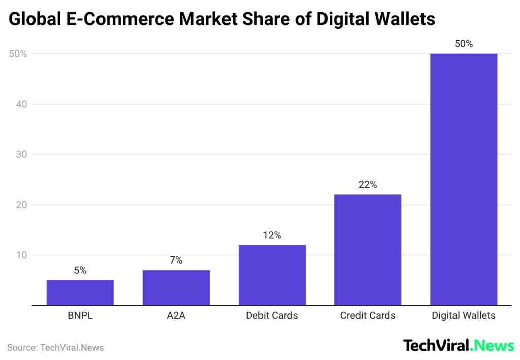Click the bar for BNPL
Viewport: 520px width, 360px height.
pos(80,292)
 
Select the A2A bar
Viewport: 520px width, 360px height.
pos(176,287)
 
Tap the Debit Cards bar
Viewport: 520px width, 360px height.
pos(272,275)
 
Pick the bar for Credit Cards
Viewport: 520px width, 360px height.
pos(368,250)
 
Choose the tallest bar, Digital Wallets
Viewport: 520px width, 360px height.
pos(463,179)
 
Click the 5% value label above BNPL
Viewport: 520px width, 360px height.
pos(80,271)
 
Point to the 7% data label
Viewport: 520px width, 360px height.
pos(176,260)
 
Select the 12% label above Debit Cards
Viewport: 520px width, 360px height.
pos(272,235)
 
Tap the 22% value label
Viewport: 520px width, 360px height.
pos(368,185)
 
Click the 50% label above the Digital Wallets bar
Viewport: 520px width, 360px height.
pos(463,44)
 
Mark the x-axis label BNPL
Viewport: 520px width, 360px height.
pos(80,316)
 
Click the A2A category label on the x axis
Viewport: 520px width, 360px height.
pos(176,316)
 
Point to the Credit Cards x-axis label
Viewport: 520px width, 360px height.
pos(368,316)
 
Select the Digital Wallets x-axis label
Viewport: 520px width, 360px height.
pos(463,316)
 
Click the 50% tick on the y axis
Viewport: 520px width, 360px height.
pos(17,54)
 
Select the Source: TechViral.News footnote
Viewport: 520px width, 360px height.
pos(55,348)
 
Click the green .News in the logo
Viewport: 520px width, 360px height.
pos(492,346)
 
